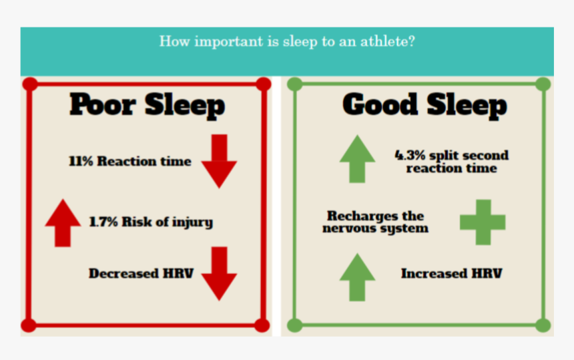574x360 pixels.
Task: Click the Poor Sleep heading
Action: click(148, 106)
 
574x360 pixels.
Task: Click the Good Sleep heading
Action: click(424, 106)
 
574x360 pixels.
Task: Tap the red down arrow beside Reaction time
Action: click(219, 161)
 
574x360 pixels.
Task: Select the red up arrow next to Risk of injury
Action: click(63, 222)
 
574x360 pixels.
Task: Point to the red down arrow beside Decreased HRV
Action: click(219, 273)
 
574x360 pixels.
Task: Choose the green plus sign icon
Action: click(483, 222)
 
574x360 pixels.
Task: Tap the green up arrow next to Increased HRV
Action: click(357, 277)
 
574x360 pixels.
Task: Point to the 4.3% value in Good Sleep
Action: click(408, 156)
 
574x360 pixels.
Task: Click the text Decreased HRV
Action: click(141, 273)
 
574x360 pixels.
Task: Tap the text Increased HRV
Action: click(451, 273)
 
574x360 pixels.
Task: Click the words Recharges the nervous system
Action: click(375, 222)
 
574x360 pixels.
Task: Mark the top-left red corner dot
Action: click(29, 84)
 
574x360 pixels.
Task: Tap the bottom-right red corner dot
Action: click(263, 325)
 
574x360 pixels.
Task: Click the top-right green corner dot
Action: click(543, 84)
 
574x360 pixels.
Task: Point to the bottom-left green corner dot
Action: click(294, 325)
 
